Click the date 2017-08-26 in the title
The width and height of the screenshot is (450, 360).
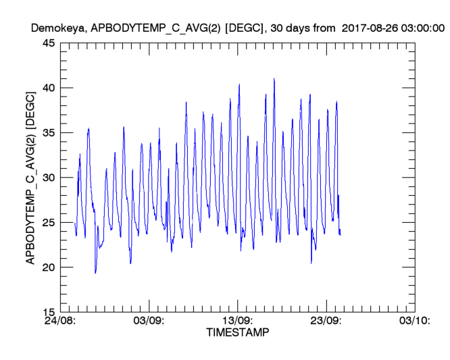coord(371,28)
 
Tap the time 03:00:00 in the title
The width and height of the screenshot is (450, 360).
coord(422,28)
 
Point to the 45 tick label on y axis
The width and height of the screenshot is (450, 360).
coord(49,43)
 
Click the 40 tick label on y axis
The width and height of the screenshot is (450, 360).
coord(49,88)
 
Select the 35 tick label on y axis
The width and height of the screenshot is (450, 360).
coord(49,133)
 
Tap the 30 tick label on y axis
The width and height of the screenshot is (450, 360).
coord(49,178)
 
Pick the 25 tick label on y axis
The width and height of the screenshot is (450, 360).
coord(49,222)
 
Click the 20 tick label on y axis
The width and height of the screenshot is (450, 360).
coord(49,267)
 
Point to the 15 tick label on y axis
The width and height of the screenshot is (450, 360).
coord(49,312)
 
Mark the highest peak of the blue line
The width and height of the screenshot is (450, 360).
coord(274,79)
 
